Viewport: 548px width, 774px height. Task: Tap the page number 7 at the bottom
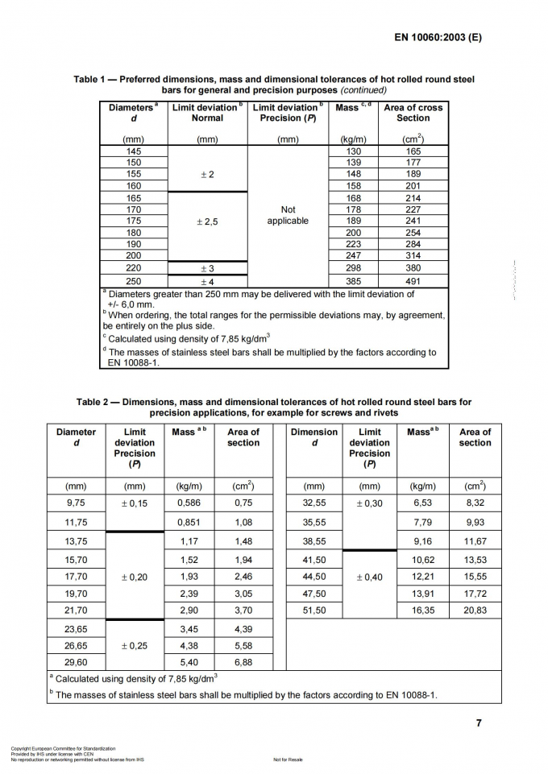click(479, 722)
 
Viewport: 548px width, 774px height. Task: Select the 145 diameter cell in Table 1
click(134, 151)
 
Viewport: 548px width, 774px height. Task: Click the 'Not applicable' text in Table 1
click(288, 215)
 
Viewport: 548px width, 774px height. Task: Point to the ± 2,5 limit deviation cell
click(207, 221)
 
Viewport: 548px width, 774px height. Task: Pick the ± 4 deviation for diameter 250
click(207, 282)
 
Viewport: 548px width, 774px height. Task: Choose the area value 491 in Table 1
click(413, 282)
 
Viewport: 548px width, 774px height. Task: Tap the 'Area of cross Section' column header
click(413, 113)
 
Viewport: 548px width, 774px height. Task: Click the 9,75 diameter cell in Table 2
click(76, 503)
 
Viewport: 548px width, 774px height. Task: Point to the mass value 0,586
click(189, 503)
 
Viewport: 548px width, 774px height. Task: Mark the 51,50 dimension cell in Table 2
click(313, 611)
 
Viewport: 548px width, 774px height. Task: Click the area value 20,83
click(475, 611)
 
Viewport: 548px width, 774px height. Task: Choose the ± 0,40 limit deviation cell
click(369, 577)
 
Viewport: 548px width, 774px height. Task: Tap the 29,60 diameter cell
click(76, 662)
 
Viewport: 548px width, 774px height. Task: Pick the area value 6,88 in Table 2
click(243, 662)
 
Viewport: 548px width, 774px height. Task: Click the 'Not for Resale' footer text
click(288, 760)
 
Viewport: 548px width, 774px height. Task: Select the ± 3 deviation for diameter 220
click(207, 268)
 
